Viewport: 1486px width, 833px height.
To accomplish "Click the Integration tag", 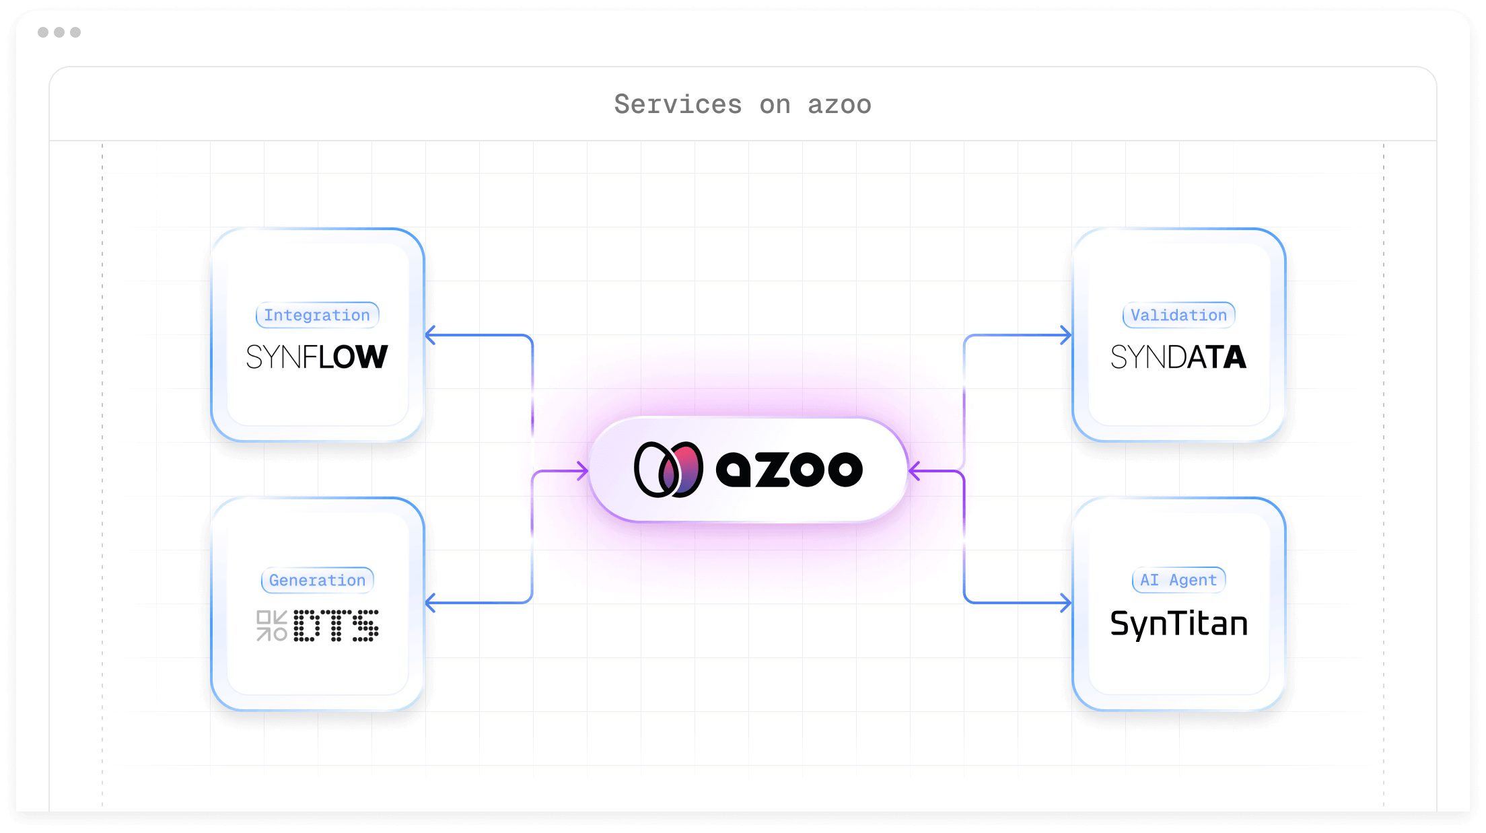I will [317, 315].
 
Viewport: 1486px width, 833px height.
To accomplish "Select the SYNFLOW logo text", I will [317, 357].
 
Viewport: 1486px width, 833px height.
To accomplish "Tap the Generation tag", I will [317, 580].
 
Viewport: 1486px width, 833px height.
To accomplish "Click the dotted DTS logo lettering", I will [337, 626].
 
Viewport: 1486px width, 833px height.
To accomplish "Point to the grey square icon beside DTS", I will [272, 626].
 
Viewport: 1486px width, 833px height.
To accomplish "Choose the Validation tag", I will [1178, 315].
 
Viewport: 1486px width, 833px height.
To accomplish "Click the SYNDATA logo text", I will [1178, 357].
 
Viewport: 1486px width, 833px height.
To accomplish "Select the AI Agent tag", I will [1178, 580].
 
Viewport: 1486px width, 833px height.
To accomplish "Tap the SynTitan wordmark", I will [1178, 624].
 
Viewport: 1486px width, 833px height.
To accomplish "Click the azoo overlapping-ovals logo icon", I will [668, 470].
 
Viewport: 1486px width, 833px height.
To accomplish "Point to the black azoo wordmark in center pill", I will [789, 469].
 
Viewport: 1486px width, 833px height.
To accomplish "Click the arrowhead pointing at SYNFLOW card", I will [431, 335].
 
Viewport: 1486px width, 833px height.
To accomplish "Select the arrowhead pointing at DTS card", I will [431, 603].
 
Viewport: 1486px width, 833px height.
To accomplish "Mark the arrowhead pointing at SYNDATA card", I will [1066, 335].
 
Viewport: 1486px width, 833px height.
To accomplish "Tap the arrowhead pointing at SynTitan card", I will [1066, 603].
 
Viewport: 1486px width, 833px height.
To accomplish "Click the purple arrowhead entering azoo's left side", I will [583, 471].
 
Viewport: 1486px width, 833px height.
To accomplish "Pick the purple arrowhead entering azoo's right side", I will [914, 471].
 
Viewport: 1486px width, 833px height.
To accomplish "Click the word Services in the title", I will [678, 104].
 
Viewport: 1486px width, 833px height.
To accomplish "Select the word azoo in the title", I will [839, 104].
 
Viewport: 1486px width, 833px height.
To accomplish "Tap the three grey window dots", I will [59, 32].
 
